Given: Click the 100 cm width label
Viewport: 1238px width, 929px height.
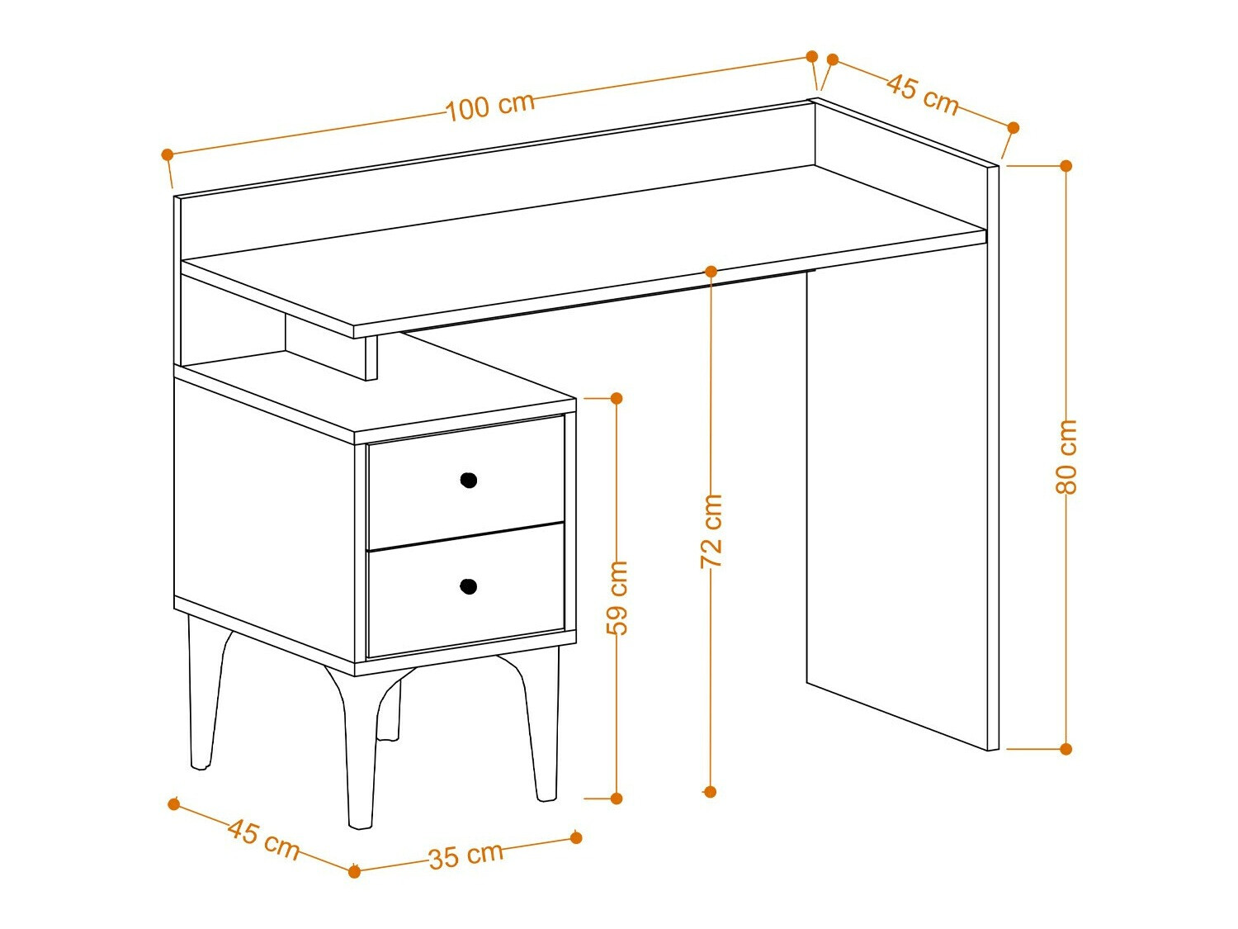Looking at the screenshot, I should (x=490, y=106).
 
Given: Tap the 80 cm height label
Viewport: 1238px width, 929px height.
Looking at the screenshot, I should (x=1066, y=457).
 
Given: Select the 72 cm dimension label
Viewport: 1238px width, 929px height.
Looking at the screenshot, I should (x=711, y=530).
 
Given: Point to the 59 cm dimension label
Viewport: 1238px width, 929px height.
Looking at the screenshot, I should (x=617, y=597).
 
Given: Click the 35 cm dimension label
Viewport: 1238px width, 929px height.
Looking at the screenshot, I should (x=465, y=855).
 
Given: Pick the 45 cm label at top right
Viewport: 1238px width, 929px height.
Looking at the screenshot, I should (x=923, y=94).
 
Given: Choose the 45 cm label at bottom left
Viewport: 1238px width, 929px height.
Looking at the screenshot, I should (x=263, y=838).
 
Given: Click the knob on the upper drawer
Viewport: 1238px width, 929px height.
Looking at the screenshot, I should (x=468, y=480).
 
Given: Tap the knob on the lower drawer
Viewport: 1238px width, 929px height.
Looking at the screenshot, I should (x=468, y=586).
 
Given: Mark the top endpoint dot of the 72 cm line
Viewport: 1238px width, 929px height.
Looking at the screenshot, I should (x=711, y=271).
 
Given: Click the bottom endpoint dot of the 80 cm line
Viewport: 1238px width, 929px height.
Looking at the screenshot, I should (x=1066, y=749).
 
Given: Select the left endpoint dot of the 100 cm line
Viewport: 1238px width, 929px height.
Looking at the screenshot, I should (x=168, y=154).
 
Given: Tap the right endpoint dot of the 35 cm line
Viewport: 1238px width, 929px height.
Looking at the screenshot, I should (x=576, y=837).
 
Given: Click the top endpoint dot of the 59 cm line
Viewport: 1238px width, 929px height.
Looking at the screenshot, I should (x=617, y=398).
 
